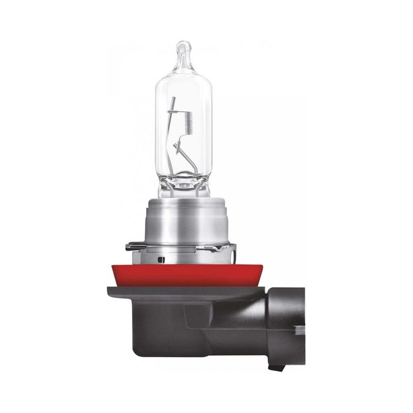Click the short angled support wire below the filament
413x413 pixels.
180,149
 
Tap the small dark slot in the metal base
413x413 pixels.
162,258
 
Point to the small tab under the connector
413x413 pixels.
278,368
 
